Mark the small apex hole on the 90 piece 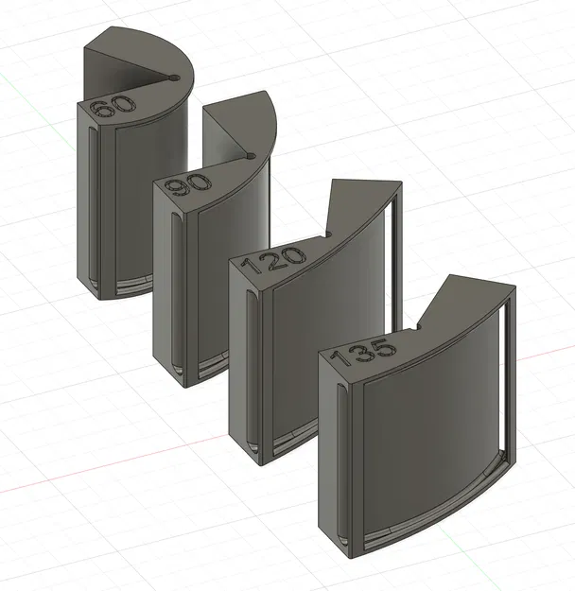pos(248,152)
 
